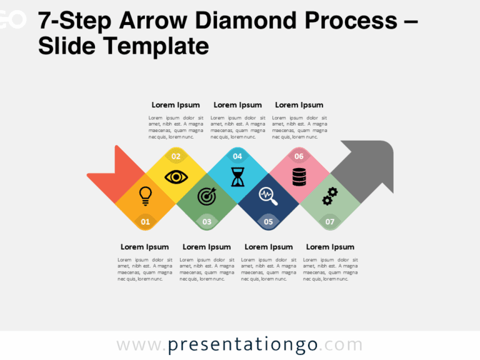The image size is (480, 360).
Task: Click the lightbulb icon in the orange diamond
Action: point(145,196)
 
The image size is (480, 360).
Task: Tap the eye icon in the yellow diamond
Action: point(176,177)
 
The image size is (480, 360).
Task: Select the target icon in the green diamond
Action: point(207,196)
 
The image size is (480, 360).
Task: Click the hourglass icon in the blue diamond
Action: point(237,177)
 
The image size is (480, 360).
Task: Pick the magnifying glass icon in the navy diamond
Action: point(268,196)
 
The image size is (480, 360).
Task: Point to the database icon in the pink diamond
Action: point(299,177)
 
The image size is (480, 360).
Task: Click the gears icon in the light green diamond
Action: point(330,196)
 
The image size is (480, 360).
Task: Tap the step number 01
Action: point(145,221)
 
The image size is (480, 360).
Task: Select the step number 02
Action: point(176,156)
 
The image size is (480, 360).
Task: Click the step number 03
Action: point(207,221)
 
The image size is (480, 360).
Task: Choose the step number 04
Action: point(237,156)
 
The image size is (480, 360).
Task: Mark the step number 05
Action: point(268,221)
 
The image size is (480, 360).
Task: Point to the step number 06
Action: point(299,156)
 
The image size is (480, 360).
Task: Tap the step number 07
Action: point(330,221)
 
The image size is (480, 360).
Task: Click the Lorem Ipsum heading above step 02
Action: point(176,105)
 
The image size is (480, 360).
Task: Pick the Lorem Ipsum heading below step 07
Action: point(330,247)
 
